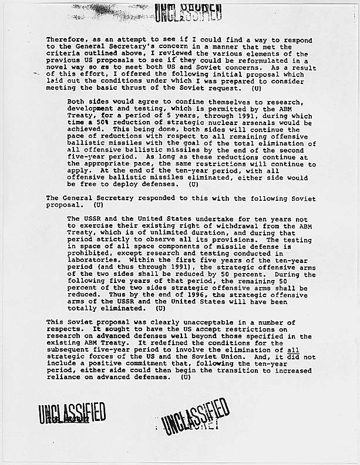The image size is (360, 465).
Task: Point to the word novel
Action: tap(58, 68)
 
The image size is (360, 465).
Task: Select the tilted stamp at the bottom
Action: tap(194, 416)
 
